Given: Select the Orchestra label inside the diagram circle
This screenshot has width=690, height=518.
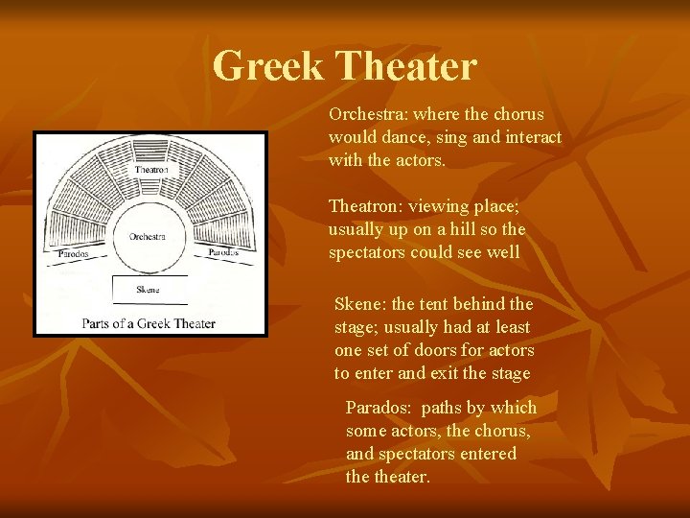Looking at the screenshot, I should tap(148, 236).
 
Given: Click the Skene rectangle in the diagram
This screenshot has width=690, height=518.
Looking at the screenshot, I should tap(149, 289).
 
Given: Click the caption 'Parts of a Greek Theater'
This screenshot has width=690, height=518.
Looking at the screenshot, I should tap(149, 323).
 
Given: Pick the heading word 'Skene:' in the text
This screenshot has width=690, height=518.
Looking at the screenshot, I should tap(360, 304).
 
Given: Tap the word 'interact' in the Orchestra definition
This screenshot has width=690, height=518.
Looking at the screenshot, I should tap(533, 137).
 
